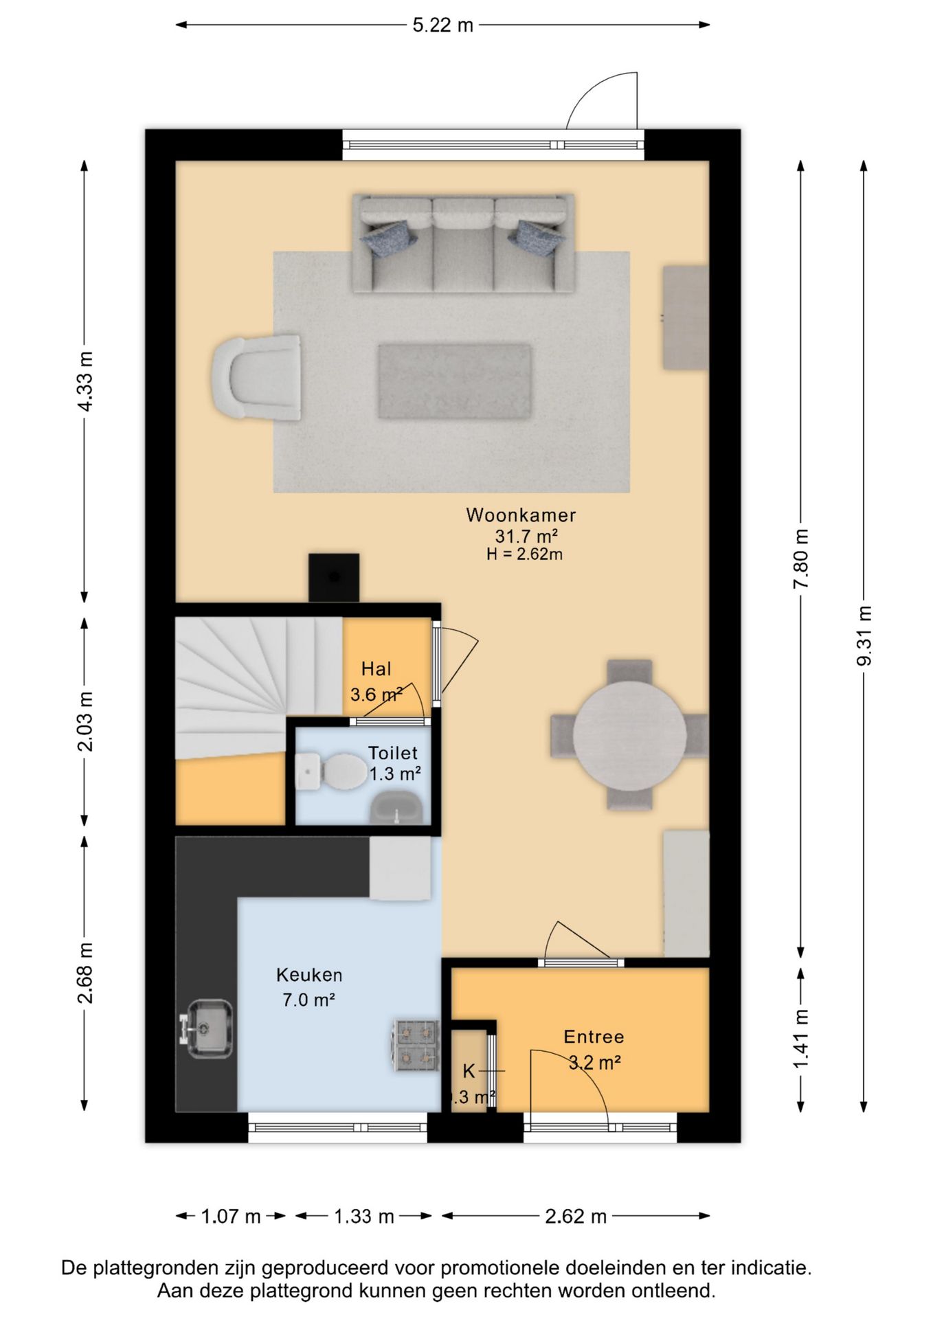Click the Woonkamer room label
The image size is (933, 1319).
[521, 515]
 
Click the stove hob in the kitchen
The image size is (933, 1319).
[416, 1046]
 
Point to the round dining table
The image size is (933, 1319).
[629, 735]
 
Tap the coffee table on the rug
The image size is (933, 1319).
[455, 381]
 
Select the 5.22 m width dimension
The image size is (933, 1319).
[442, 25]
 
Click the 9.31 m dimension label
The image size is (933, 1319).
[864, 636]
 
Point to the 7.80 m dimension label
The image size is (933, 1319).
[800, 559]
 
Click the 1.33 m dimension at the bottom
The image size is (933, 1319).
[364, 1217]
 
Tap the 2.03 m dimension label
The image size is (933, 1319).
[84, 721]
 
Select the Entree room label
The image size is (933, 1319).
[594, 1037]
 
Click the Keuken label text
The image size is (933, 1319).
[309, 975]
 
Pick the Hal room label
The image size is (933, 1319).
[376, 669]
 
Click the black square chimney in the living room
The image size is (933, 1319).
[334, 578]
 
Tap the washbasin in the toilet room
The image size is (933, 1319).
[396, 807]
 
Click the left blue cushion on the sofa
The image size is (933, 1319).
[389, 237]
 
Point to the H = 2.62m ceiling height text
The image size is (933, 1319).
[524, 554]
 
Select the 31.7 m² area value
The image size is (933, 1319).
[526, 536]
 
